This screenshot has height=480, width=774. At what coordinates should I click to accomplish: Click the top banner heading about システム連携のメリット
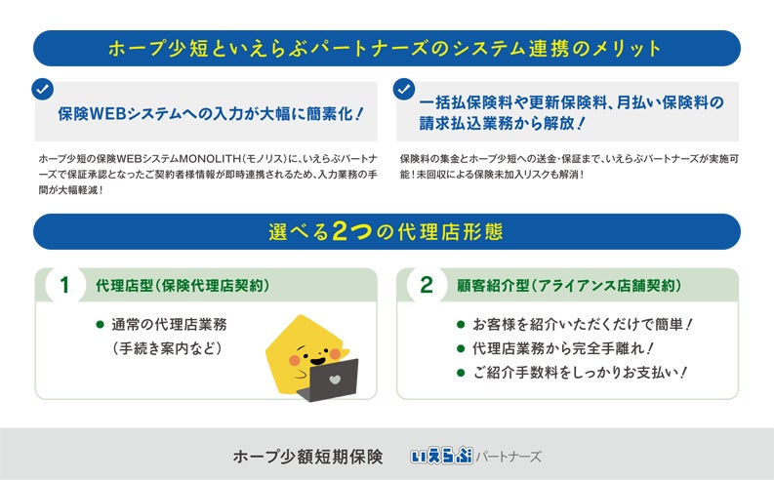(x=387, y=48)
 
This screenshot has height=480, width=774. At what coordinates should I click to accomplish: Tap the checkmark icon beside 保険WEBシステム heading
(x=42, y=89)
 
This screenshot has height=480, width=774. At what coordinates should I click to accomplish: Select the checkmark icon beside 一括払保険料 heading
(x=403, y=89)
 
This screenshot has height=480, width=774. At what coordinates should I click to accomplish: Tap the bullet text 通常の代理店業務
(x=169, y=324)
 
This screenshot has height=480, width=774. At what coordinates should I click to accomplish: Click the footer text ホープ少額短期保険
(x=307, y=456)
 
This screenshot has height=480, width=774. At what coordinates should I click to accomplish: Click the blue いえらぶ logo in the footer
(x=441, y=456)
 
